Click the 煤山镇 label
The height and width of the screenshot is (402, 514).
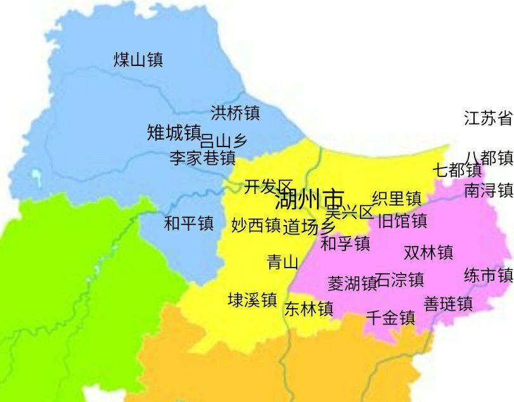[x=138, y=60]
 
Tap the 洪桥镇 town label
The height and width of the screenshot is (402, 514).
[x=235, y=113]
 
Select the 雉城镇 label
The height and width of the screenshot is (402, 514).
[x=174, y=133]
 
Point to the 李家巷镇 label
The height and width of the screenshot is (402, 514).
[x=202, y=158]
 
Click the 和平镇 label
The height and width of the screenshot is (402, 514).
[x=189, y=223]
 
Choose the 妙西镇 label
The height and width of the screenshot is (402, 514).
[x=255, y=225]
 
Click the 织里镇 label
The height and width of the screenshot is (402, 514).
[x=397, y=198]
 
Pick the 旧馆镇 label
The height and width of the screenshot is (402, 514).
[x=402, y=221]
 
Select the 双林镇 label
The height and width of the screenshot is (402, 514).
[x=428, y=252]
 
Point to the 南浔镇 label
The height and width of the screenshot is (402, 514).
[x=489, y=190]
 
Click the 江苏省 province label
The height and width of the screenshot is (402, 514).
[x=489, y=118]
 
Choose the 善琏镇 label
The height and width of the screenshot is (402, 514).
[x=448, y=304]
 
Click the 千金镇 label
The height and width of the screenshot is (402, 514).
[x=390, y=318]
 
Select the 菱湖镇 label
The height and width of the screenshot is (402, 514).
[x=352, y=283]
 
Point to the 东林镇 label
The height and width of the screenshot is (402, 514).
[x=309, y=309]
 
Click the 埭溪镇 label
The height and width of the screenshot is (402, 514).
[x=252, y=300]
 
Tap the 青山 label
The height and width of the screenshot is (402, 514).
[x=283, y=262]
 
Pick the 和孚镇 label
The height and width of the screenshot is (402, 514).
[x=345, y=243]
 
